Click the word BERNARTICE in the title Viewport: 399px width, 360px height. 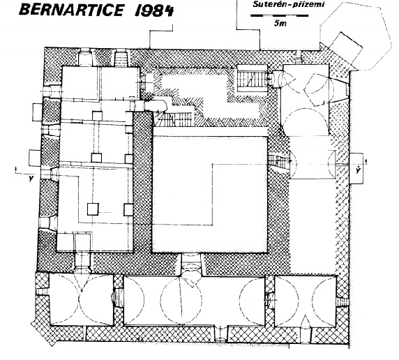click(x=71, y=10)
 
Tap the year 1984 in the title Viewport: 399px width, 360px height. click(x=154, y=10)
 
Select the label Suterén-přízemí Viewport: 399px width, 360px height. click(x=289, y=4)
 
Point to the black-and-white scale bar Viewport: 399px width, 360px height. click(x=280, y=15)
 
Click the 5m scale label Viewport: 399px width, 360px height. click(x=280, y=24)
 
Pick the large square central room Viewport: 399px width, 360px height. click(x=210, y=194)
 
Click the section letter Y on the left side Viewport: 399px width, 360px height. click(x=31, y=179)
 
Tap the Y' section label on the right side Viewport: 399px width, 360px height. click(x=359, y=170)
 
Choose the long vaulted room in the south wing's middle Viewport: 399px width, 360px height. click(x=195, y=301)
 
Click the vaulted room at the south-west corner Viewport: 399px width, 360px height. click(x=82, y=299)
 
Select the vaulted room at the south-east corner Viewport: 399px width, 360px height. click(x=306, y=301)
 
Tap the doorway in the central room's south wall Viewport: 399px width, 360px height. click(x=192, y=265)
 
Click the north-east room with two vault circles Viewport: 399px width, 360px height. click(x=305, y=100)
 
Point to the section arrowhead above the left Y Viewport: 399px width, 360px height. click(x=16, y=168)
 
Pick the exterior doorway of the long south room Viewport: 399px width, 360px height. click(x=220, y=333)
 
